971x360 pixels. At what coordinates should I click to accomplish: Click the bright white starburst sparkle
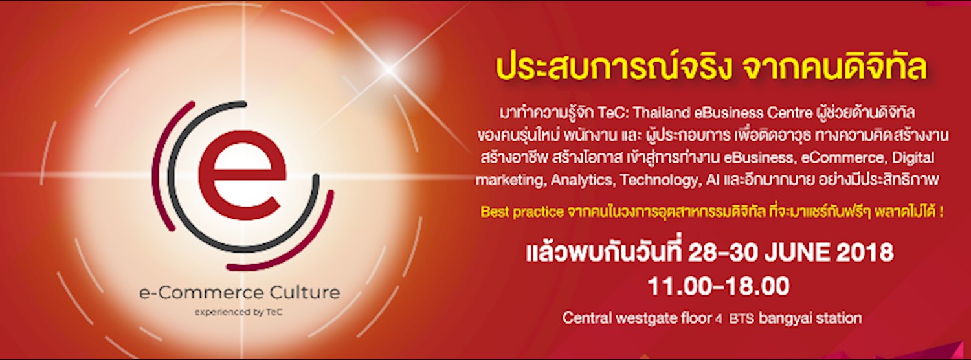388,67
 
